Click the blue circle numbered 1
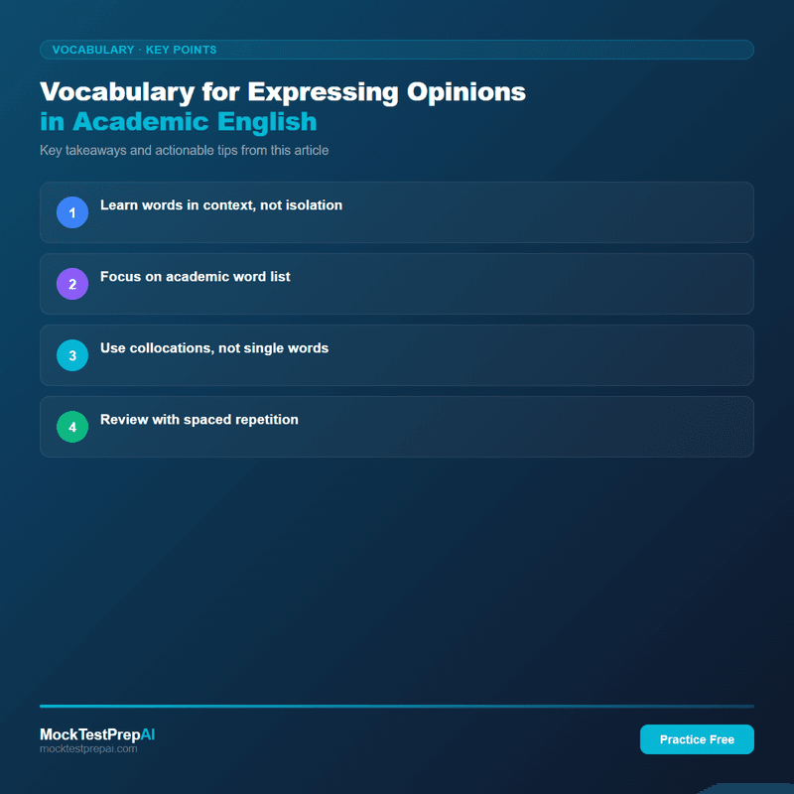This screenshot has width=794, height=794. (72, 212)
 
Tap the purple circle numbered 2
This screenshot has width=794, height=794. (72, 284)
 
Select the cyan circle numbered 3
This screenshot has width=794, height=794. (72, 355)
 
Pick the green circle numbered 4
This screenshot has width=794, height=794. (72, 427)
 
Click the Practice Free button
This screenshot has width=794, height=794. (697, 739)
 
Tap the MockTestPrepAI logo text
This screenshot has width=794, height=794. (97, 734)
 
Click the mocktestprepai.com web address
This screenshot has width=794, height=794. (88, 749)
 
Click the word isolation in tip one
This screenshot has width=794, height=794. (310, 205)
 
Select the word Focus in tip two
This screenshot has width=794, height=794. (120, 277)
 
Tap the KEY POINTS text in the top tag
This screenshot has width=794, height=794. (181, 50)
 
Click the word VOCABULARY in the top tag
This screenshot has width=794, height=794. (93, 50)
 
